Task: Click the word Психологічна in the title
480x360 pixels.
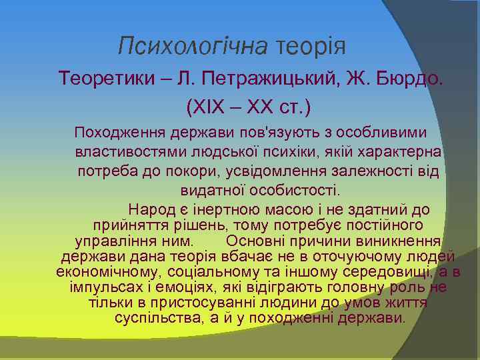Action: [192, 46]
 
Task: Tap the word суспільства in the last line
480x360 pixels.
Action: [155, 317]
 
